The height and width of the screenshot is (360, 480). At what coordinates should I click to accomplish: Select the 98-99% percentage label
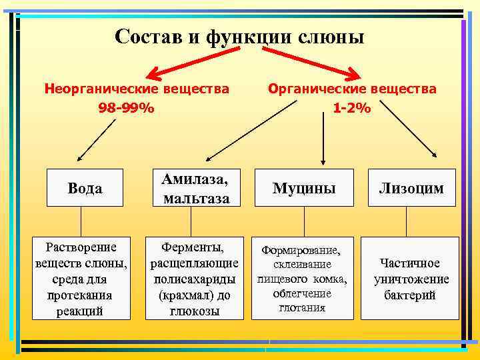[x=127, y=107]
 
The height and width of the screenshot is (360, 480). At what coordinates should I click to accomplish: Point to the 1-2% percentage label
[x=352, y=107]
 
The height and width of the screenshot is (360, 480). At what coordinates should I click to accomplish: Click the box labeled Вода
[x=85, y=189]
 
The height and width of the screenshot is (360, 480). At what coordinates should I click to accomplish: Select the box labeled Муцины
[x=303, y=189]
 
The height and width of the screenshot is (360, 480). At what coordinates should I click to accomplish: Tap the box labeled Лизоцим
[x=411, y=189]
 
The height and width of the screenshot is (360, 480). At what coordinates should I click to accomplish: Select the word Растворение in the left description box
[x=81, y=248]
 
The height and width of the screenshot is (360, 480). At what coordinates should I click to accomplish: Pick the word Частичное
[x=410, y=263]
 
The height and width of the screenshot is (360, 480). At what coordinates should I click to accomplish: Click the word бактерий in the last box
[x=410, y=295]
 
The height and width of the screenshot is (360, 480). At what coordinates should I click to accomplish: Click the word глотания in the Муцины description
[x=302, y=307]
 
